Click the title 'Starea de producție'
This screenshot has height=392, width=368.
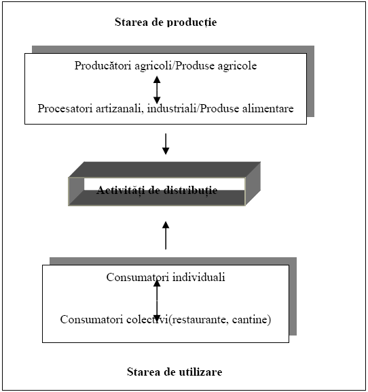click(x=166, y=22)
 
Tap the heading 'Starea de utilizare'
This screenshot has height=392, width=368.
click(x=174, y=372)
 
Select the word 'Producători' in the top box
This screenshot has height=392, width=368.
click(x=103, y=65)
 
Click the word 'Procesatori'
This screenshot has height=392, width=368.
click(x=65, y=108)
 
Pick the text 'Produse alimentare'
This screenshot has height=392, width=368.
click(x=246, y=108)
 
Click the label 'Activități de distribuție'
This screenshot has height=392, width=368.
click(x=157, y=191)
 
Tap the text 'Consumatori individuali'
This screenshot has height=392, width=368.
click(x=166, y=277)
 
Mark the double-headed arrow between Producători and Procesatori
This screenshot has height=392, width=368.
click(x=157, y=90)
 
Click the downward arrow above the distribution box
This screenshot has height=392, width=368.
click(x=166, y=144)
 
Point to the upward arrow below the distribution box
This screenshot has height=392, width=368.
click(x=166, y=235)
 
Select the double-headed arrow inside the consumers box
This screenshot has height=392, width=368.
click(x=157, y=301)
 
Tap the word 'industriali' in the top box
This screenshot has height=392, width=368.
click(x=172, y=108)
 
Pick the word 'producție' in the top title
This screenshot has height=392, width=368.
click(x=191, y=22)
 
